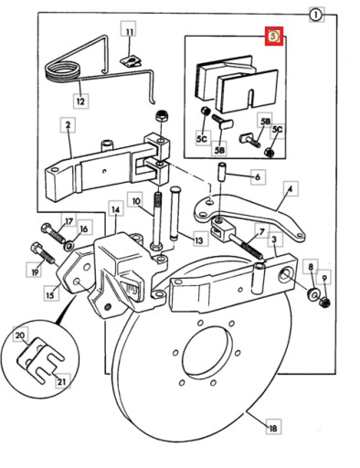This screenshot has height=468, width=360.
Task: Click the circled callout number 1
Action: click(x=316, y=15)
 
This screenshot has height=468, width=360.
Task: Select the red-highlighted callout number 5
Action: click(x=274, y=37)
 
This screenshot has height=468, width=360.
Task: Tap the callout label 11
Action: click(x=130, y=32)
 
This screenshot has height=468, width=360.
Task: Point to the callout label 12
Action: click(x=80, y=101)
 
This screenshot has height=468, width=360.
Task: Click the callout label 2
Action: click(x=68, y=125)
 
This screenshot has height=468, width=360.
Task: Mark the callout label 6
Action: click(x=258, y=176)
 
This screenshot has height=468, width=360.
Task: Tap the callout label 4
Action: click(x=291, y=189)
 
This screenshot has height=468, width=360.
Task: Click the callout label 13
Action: click(x=198, y=240)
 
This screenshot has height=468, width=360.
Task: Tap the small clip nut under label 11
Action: click(x=131, y=62)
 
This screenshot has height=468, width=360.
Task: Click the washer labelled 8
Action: click(x=313, y=293)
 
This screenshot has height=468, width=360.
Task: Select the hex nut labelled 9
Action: click(x=325, y=303)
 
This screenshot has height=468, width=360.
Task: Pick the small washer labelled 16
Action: click(x=68, y=245)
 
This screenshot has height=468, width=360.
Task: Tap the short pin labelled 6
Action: click(x=221, y=172)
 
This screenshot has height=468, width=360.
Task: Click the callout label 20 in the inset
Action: click(x=20, y=335)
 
